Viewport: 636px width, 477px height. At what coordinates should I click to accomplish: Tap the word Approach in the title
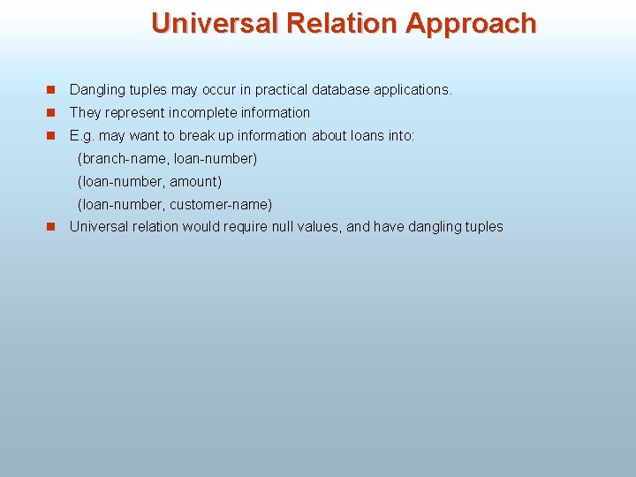click(x=471, y=23)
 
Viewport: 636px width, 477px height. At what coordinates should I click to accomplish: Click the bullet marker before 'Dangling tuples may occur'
click(x=51, y=89)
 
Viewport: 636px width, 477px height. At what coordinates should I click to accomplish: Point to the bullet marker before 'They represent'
click(x=51, y=112)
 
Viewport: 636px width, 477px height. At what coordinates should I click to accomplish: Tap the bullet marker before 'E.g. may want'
click(x=51, y=135)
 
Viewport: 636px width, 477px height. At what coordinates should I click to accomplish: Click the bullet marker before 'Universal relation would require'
click(x=51, y=226)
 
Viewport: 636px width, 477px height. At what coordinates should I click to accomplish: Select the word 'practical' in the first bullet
click(x=281, y=89)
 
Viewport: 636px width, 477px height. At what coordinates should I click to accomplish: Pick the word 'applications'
click(x=413, y=89)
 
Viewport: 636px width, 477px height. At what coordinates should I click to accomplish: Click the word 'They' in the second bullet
click(x=85, y=112)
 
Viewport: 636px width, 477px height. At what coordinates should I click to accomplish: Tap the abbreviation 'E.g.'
click(x=82, y=135)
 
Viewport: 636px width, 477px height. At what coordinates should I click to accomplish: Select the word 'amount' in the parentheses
click(x=194, y=181)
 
